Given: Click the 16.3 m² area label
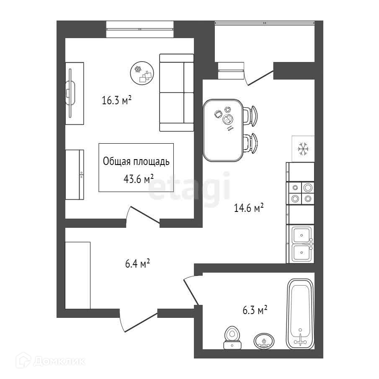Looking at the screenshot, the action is tap(117, 100).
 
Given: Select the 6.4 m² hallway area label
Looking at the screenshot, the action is tap(138, 264).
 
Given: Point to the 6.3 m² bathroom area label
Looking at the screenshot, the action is tap(255, 310).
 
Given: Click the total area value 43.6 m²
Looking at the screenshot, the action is tap(136, 179).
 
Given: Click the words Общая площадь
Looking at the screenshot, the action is tap(136, 162).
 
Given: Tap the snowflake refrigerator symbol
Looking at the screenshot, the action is tap(303, 148).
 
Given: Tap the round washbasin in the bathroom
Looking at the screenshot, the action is tap(265, 341).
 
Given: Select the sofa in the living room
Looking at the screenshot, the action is tap(176, 93).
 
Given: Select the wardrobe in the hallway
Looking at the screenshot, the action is tap(78, 275).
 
